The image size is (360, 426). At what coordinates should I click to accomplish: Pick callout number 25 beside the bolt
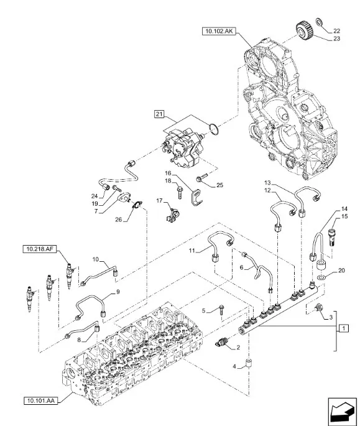coord(219,185)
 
